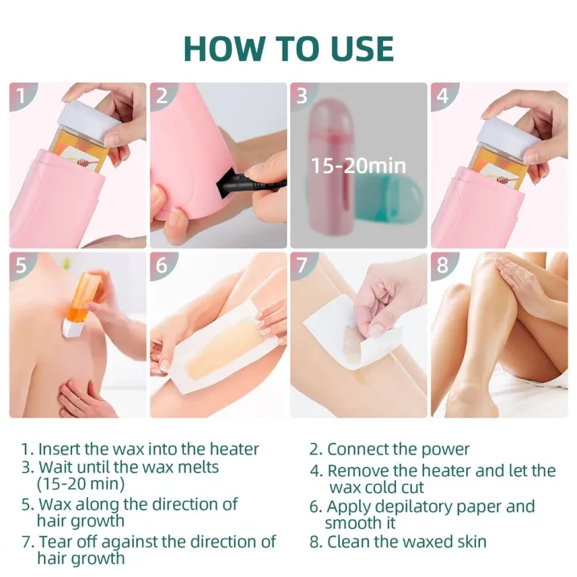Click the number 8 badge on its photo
443,266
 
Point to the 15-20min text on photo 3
359,167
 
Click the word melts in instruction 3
197,466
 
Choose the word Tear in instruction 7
54,542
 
